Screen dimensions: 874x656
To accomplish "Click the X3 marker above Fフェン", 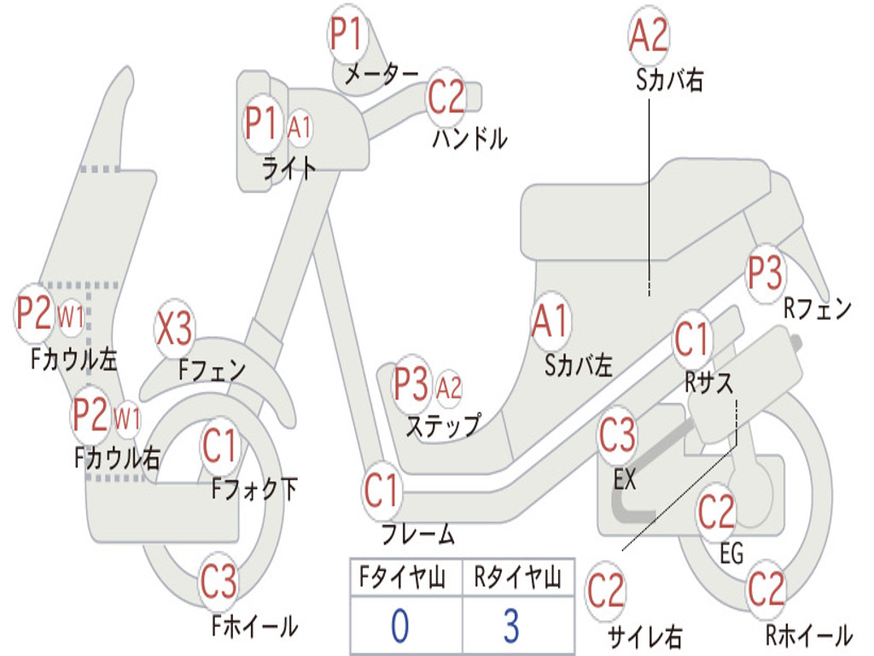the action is [x=174, y=328].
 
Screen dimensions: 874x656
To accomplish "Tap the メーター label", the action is [x=382, y=74].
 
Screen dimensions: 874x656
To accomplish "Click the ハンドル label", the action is [x=470, y=138].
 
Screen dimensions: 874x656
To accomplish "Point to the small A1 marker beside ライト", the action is [x=300, y=128].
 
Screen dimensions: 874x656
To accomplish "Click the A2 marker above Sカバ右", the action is [x=649, y=34].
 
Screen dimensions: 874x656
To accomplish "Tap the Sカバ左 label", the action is [x=579, y=366].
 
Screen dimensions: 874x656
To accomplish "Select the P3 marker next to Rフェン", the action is [x=766, y=273].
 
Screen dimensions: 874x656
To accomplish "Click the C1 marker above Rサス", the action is [x=691, y=338].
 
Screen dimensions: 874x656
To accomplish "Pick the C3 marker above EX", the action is [x=617, y=435].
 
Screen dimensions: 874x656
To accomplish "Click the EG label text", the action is [x=731, y=553].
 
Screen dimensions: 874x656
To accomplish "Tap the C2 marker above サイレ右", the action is [x=606, y=591].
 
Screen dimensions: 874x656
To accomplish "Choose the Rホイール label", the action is [x=809, y=635].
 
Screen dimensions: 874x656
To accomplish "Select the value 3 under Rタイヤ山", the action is [x=512, y=624].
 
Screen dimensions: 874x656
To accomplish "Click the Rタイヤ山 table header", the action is [x=517, y=577].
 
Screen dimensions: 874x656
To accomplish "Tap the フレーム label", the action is [x=418, y=534].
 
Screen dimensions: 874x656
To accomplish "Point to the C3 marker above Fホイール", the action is [x=218, y=581].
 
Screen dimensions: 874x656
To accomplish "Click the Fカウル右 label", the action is [x=117, y=458].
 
